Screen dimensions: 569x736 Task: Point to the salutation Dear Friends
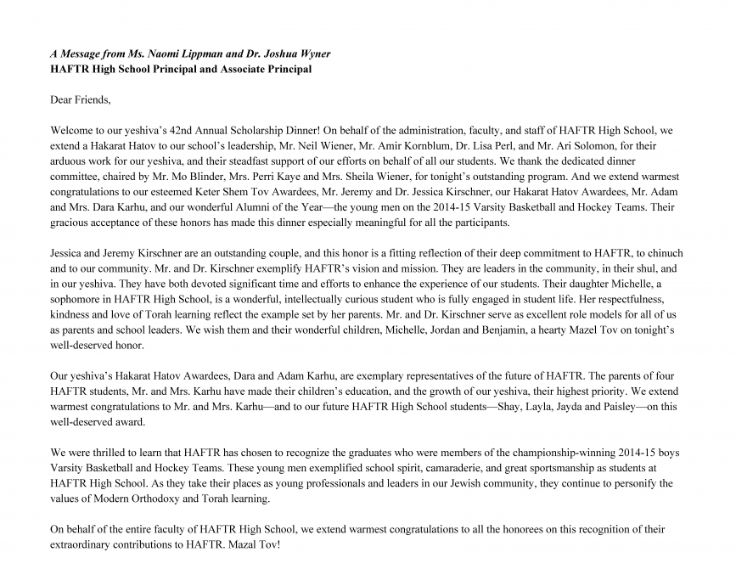tap(81, 100)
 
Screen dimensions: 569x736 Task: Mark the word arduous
tap(70, 161)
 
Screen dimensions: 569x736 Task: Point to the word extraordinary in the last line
tap(82, 544)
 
